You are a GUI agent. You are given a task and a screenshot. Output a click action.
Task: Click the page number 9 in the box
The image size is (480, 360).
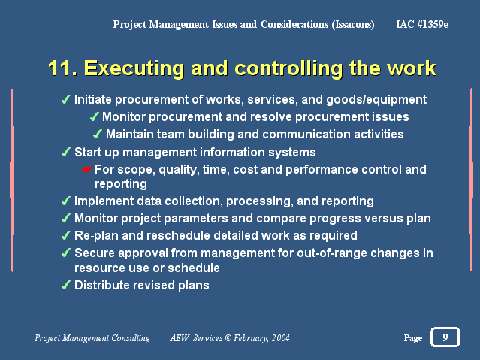pos(445,337)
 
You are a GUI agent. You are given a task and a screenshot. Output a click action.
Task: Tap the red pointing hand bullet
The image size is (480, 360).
pos(87,169)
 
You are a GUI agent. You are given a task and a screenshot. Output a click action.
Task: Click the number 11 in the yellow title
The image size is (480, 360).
pos(62,68)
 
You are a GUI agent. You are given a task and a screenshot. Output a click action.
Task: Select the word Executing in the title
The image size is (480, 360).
pos(134,69)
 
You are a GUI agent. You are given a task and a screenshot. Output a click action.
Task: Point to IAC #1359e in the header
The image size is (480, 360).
pos(422,24)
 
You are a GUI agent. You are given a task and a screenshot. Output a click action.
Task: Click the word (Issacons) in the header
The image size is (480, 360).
pos(353,25)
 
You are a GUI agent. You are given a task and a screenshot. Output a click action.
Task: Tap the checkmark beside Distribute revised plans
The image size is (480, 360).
pos(66,285)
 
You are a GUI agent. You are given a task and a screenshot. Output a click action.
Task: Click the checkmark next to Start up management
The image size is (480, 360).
pos(66,152)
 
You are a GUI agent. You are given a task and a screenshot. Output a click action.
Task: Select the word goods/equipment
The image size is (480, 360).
pos(376,100)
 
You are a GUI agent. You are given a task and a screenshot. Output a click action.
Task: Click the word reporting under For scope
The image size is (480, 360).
pos(121,184)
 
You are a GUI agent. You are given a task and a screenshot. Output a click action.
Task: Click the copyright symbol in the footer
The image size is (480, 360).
pos(228,338)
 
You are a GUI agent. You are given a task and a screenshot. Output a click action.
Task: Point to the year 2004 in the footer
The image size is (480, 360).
pos(281,338)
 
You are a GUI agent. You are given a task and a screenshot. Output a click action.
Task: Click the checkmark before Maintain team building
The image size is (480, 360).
pos(98,134)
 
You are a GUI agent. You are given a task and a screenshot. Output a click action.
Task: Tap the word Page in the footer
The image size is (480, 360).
pos(413,338)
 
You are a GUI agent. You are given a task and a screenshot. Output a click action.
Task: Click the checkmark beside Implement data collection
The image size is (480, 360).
pos(66,201)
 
